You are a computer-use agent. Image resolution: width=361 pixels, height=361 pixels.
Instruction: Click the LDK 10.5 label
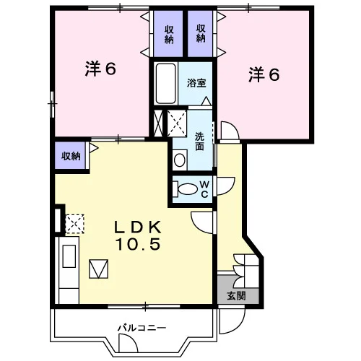(138, 235)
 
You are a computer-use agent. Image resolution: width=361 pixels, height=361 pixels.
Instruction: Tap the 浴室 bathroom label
(196, 83)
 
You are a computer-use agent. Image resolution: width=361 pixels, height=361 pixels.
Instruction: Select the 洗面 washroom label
(199, 142)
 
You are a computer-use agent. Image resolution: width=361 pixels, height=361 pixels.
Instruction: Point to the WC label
(204, 189)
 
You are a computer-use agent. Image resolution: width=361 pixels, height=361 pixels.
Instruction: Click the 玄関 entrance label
(236, 296)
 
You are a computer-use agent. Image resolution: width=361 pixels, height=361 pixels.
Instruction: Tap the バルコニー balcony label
(142, 328)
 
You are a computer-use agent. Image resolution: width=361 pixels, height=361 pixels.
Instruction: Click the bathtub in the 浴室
(165, 84)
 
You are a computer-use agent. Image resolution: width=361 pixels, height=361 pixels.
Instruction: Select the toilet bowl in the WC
(186, 189)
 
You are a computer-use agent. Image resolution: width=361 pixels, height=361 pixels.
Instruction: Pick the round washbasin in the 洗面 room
(180, 160)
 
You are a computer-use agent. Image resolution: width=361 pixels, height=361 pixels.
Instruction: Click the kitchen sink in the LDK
(69, 256)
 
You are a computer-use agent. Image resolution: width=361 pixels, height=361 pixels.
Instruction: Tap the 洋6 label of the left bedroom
(100, 69)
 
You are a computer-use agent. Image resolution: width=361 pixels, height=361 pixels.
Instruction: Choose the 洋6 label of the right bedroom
(264, 74)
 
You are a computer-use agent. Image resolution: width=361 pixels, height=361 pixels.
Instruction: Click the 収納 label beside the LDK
(71, 156)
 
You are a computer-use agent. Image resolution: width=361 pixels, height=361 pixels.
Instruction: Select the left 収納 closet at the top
(169, 35)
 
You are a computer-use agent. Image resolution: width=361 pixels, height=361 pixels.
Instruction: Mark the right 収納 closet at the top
(201, 33)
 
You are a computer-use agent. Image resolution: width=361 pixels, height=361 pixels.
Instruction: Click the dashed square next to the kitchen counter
(75, 224)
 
